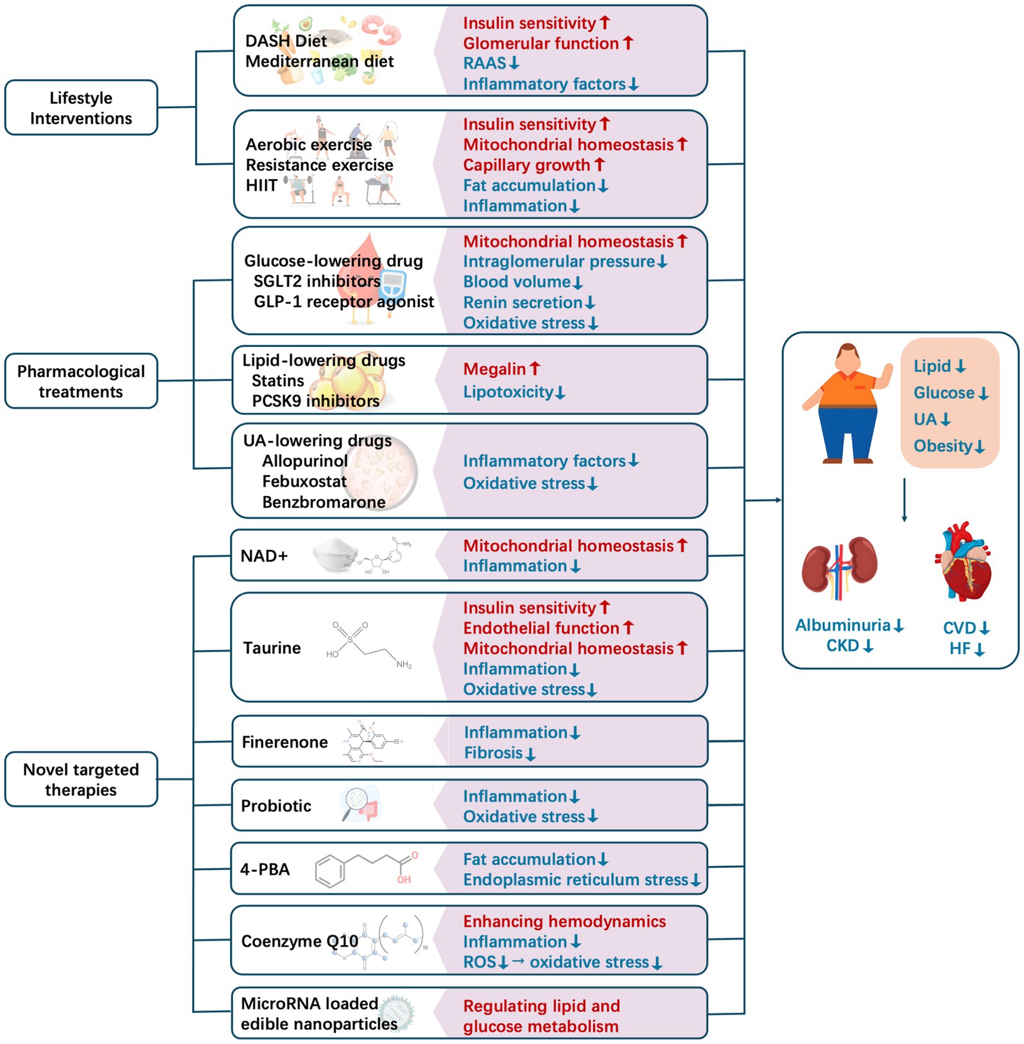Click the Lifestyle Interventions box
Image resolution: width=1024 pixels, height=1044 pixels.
click(81, 108)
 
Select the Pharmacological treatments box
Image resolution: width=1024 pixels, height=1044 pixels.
click(81, 381)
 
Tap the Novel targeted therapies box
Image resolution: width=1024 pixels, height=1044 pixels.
click(81, 779)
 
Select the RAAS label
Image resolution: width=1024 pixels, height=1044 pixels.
click(485, 64)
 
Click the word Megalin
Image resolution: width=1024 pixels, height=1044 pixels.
click(494, 369)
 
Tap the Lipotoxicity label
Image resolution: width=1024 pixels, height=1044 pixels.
click(508, 392)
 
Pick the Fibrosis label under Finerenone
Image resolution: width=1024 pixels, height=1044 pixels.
click(494, 753)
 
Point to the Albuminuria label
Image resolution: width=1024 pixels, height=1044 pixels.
click(843, 625)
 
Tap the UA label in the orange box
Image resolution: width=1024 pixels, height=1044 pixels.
click(925, 420)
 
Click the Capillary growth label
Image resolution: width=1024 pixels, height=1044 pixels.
click(526, 165)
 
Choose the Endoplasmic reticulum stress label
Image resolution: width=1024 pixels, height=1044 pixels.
click(576, 880)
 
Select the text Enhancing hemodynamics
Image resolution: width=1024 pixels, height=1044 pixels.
click(564, 921)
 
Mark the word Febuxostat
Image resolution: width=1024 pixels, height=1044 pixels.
click(304, 481)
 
